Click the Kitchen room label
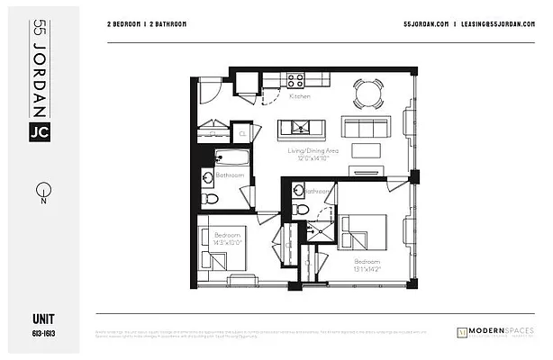coord(300,95)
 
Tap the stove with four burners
coord(295,79)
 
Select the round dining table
coord(367,92)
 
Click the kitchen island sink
coord(295,126)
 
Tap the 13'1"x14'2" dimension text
coord(367,267)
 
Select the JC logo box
coord(41,131)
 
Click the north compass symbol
coord(41,192)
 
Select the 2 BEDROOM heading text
coord(126,24)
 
